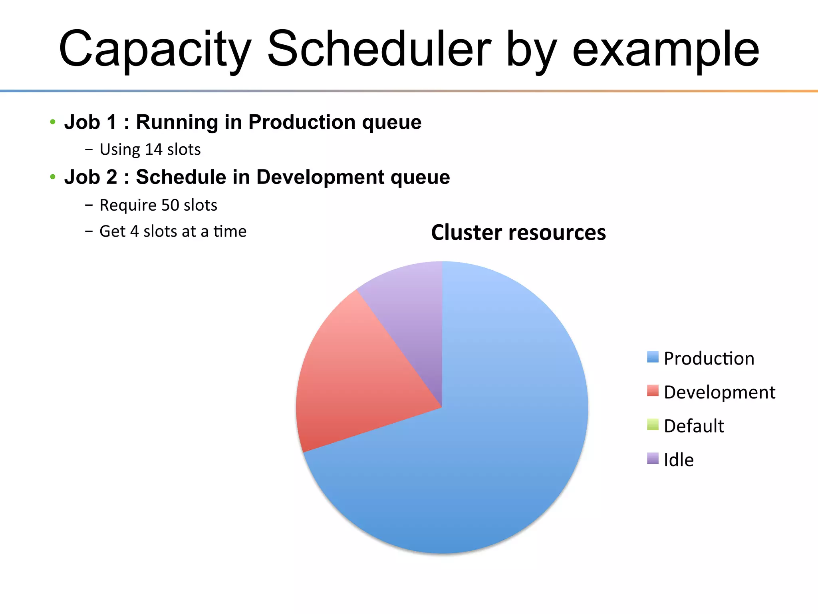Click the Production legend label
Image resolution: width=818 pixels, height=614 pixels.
click(x=709, y=358)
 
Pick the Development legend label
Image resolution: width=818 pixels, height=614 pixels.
click(x=719, y=392)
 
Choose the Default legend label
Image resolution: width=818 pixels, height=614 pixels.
click(x=694, y=426)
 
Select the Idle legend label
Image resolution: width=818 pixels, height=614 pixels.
click(x=679, y=460)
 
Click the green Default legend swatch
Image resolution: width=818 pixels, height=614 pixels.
click(x=653, y=424)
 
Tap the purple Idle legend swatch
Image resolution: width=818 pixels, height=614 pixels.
click(x=653, y=458)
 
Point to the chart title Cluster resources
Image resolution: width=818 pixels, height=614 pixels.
click(x=518, y=232)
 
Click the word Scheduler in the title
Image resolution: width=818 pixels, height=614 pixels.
click(x=379, y=49)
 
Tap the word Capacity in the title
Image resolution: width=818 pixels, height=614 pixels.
click(x=155, y=49)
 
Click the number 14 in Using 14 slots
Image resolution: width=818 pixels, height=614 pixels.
click(x=153, y=150)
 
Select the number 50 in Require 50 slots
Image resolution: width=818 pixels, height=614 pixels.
click(x=170, y=205)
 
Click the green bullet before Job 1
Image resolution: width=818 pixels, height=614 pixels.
click(x=53, y=122)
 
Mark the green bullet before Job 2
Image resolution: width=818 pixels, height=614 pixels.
click(x=53, y=177)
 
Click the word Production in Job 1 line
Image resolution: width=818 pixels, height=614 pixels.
click(x=302, y=122)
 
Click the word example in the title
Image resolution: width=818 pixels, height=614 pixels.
click(x=665, y=49)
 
